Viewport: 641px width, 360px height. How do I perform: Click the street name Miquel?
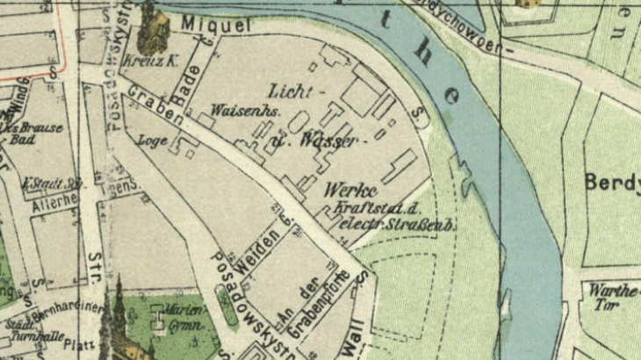(x=216, y=27)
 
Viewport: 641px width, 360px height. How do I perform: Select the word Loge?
(x=153, y=139)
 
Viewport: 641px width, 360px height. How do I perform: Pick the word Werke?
(x=349, y=191)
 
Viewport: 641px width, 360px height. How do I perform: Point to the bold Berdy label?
(x=612, y=182)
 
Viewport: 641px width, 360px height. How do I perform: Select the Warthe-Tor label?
(x=612, y=296)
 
